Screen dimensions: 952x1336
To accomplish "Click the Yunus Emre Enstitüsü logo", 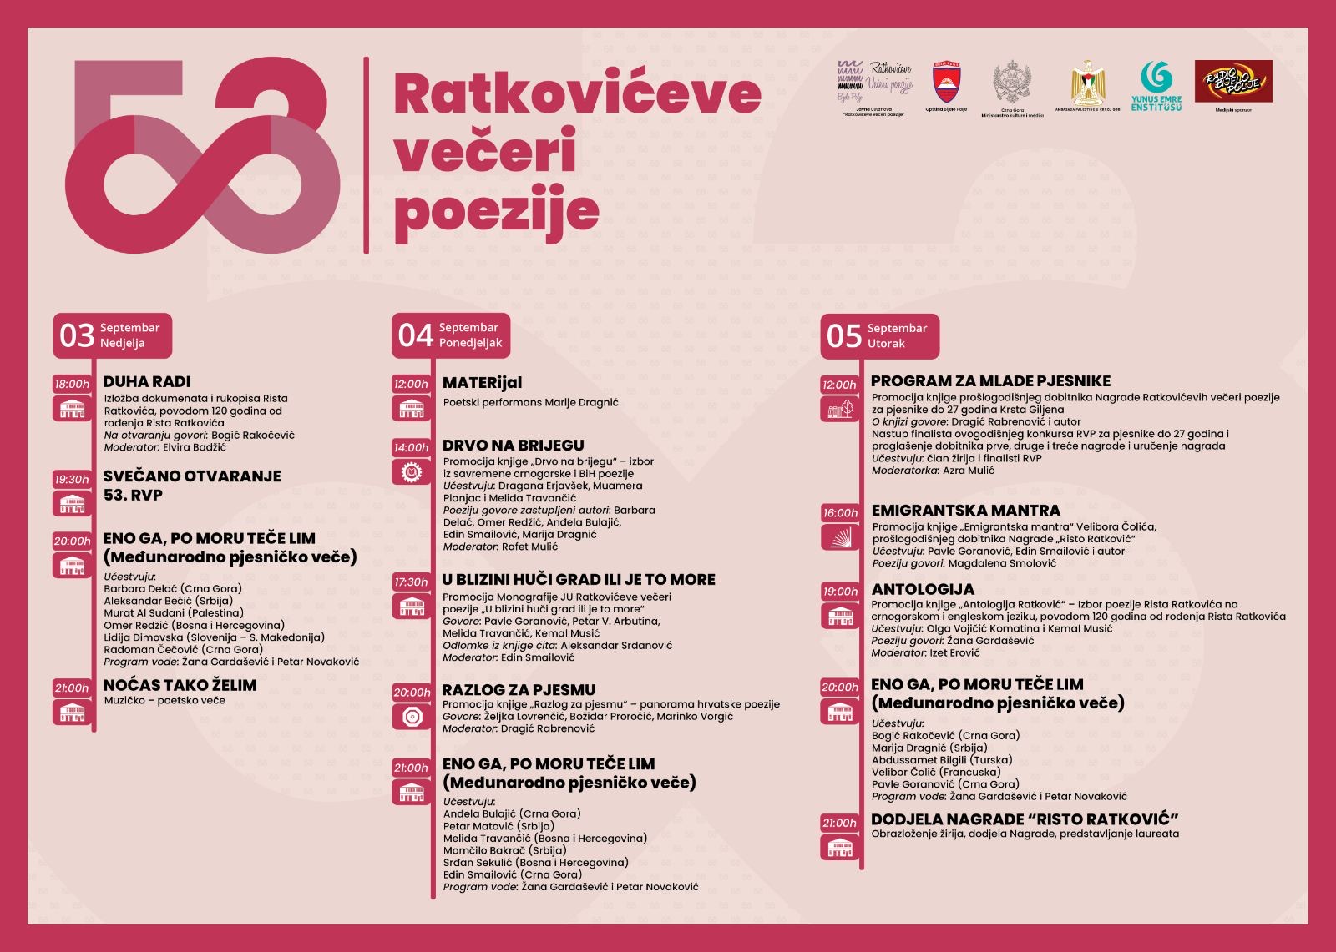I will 1156,85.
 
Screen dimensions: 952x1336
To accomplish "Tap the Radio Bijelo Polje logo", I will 1233,82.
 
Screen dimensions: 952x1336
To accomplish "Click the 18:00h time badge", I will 72,384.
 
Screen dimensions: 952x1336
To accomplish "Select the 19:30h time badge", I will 72,480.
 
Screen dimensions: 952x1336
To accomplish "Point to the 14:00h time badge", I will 411,448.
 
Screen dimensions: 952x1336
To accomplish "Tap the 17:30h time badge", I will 411,582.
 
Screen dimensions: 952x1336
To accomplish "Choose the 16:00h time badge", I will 839,513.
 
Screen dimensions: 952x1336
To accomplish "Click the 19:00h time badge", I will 839,592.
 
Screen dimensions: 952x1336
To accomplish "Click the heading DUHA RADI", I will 147,381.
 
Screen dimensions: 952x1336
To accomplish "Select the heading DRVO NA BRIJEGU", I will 513,446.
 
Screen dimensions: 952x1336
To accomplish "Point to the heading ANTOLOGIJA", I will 923,589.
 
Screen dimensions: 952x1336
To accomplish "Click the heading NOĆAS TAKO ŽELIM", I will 180,685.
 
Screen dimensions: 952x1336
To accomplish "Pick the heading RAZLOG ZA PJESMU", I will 519,690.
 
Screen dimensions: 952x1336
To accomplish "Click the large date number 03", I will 77,336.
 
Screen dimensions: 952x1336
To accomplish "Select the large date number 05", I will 843,336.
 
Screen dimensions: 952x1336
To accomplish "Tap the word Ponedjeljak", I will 470,343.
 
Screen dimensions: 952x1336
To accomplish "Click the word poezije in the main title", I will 496,212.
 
